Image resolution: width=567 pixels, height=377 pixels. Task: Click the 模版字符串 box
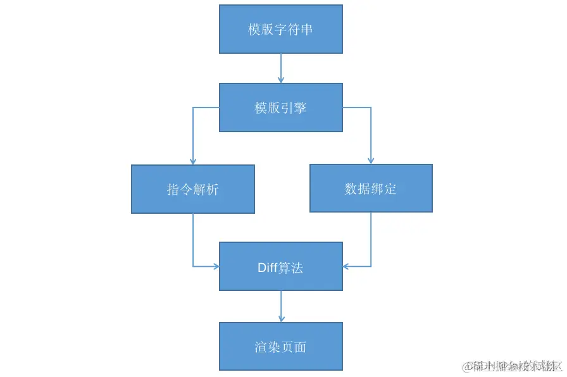point(281,29)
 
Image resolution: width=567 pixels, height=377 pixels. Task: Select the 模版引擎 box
point(281,108)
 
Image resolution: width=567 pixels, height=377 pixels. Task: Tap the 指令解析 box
point(193,189)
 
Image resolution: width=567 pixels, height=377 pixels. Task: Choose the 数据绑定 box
point(371,188)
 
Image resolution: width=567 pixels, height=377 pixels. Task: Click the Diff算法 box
point(281,266)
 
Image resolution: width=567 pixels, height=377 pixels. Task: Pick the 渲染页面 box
point(281,346)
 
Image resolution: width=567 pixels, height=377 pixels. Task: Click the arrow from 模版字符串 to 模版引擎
point(281,68)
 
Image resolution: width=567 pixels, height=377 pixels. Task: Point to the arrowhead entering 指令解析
point(193,161)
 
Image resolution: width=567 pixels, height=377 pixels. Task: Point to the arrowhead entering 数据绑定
point(371,160)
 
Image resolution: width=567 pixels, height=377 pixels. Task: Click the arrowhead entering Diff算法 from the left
point(215,266)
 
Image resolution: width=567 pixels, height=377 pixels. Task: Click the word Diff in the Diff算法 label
point(268,268)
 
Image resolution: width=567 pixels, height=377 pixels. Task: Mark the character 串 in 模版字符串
point(307,30)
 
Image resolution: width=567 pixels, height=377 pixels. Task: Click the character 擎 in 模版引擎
point(300,108)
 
